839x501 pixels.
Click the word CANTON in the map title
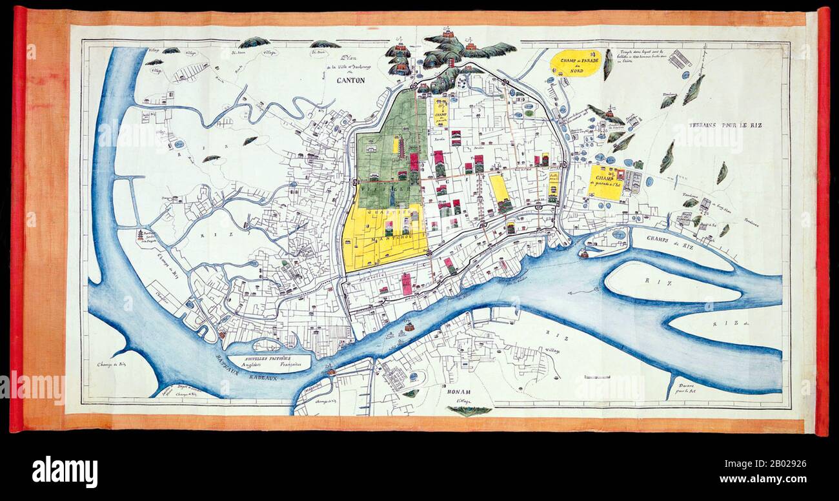tap(350, 81)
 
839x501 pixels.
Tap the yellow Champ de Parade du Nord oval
tap(576, 63)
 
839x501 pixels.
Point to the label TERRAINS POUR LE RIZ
tap(725, 125)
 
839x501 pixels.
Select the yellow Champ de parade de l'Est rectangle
tap(606, 182)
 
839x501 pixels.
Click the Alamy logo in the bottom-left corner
tap(65, 471)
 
